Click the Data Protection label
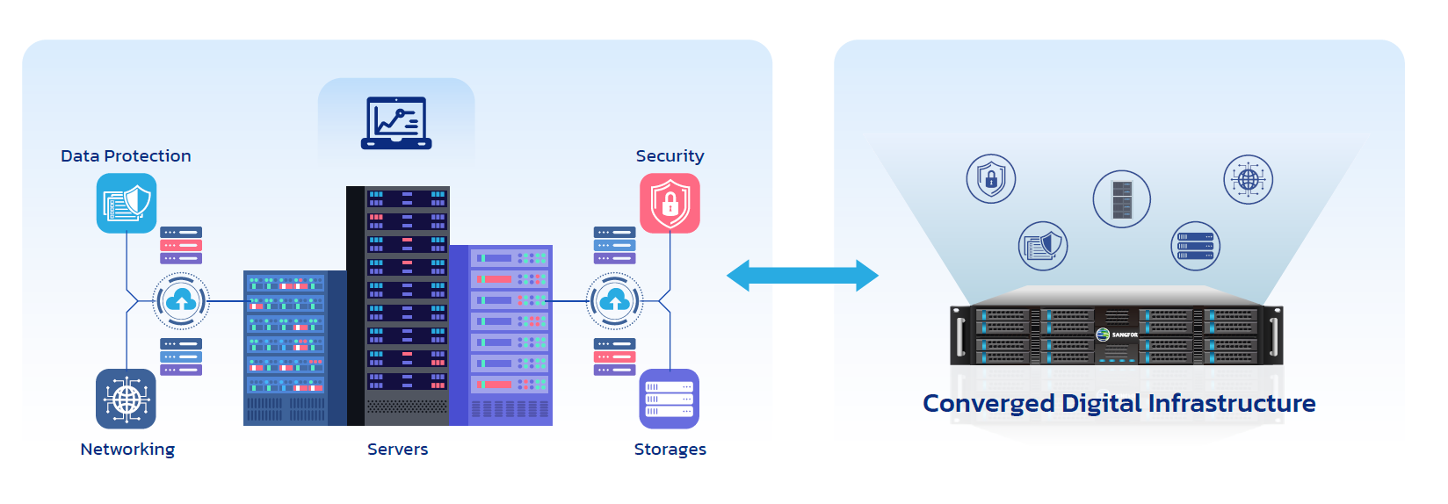[x=126, y=156]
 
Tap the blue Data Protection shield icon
[x=127, y=203]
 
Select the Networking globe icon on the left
[x=126, y=399]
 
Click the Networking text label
[x=127, y=450]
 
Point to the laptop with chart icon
[x=396, y=123]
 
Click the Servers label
[x=397, y=450]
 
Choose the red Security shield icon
[x=670, y=203]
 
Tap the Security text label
[x=670, y=156]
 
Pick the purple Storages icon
[x=670, y=399]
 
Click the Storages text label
[x=670, y=450]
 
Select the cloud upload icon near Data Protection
[x=182, y=301]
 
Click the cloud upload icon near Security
[x=615, y=301]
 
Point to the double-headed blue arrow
[x=802, y=276]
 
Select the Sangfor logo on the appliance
[x=1117, y=335]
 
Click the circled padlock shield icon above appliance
[x=991, y=179]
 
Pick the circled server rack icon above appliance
[x=1122, y=199]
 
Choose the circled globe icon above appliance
[x=1248, y=180]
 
